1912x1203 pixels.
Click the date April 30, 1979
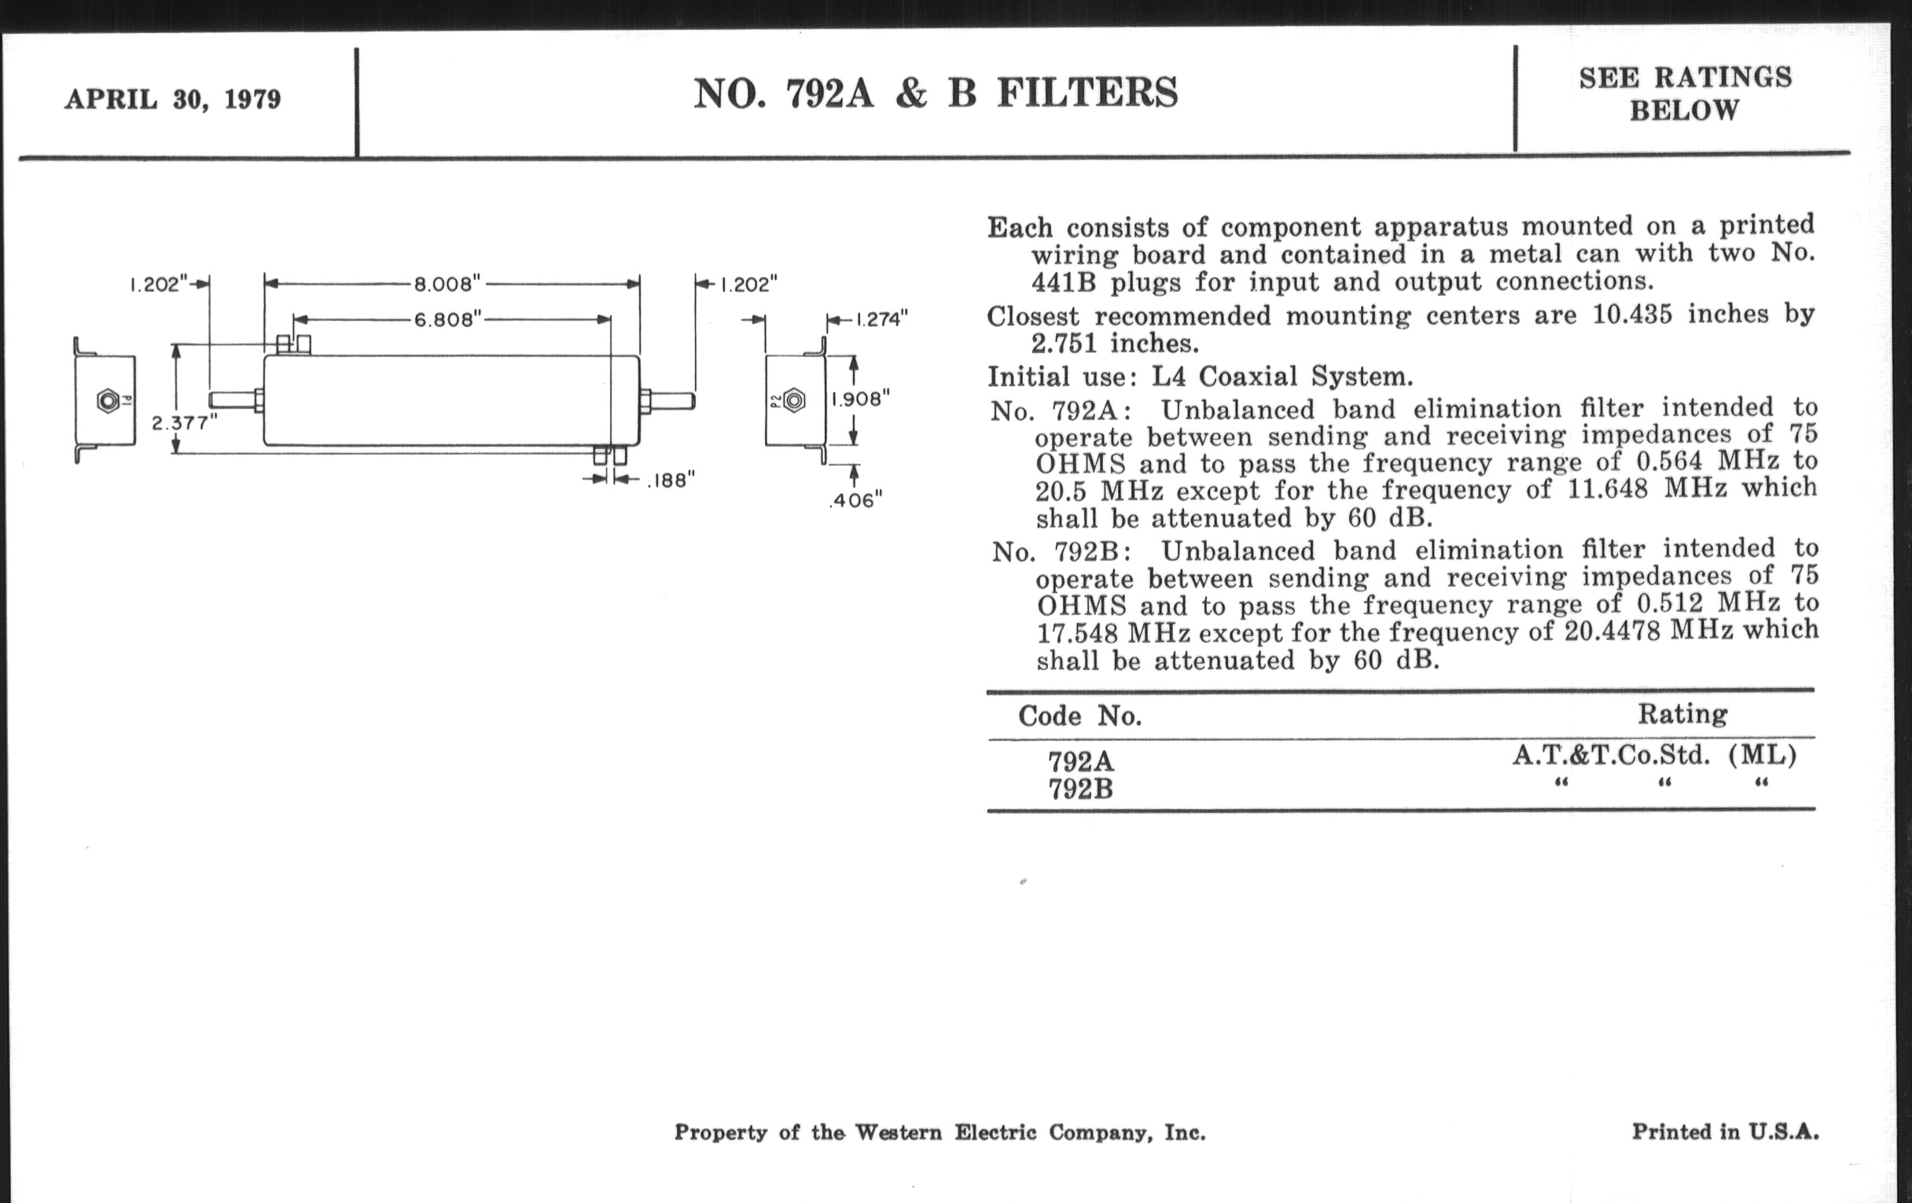coord(173,100)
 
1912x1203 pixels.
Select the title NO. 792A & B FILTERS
coord(936,94)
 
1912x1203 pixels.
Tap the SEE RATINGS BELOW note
coord(1685,94)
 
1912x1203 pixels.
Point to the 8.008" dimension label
coord(447,284)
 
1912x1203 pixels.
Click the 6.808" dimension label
coord(448,319)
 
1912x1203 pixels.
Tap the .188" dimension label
coord(671,480)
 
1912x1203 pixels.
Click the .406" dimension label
coord(855,500)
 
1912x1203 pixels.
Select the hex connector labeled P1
coord(108,401)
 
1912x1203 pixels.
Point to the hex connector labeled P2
coord(793,401)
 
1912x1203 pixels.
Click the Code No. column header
coord(1080,716)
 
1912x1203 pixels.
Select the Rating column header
coord(1682,714)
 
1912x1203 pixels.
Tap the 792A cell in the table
coord(1081,761)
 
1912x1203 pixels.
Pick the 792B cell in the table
coord(1081,789)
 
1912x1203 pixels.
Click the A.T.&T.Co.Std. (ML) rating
coord(1654,755)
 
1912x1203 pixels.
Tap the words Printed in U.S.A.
coord(1725,1131)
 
